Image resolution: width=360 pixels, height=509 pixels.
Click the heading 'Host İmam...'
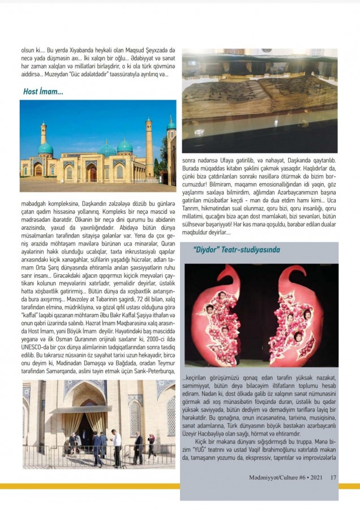(43, 91)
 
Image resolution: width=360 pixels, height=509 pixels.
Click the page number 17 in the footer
(333, 478)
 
